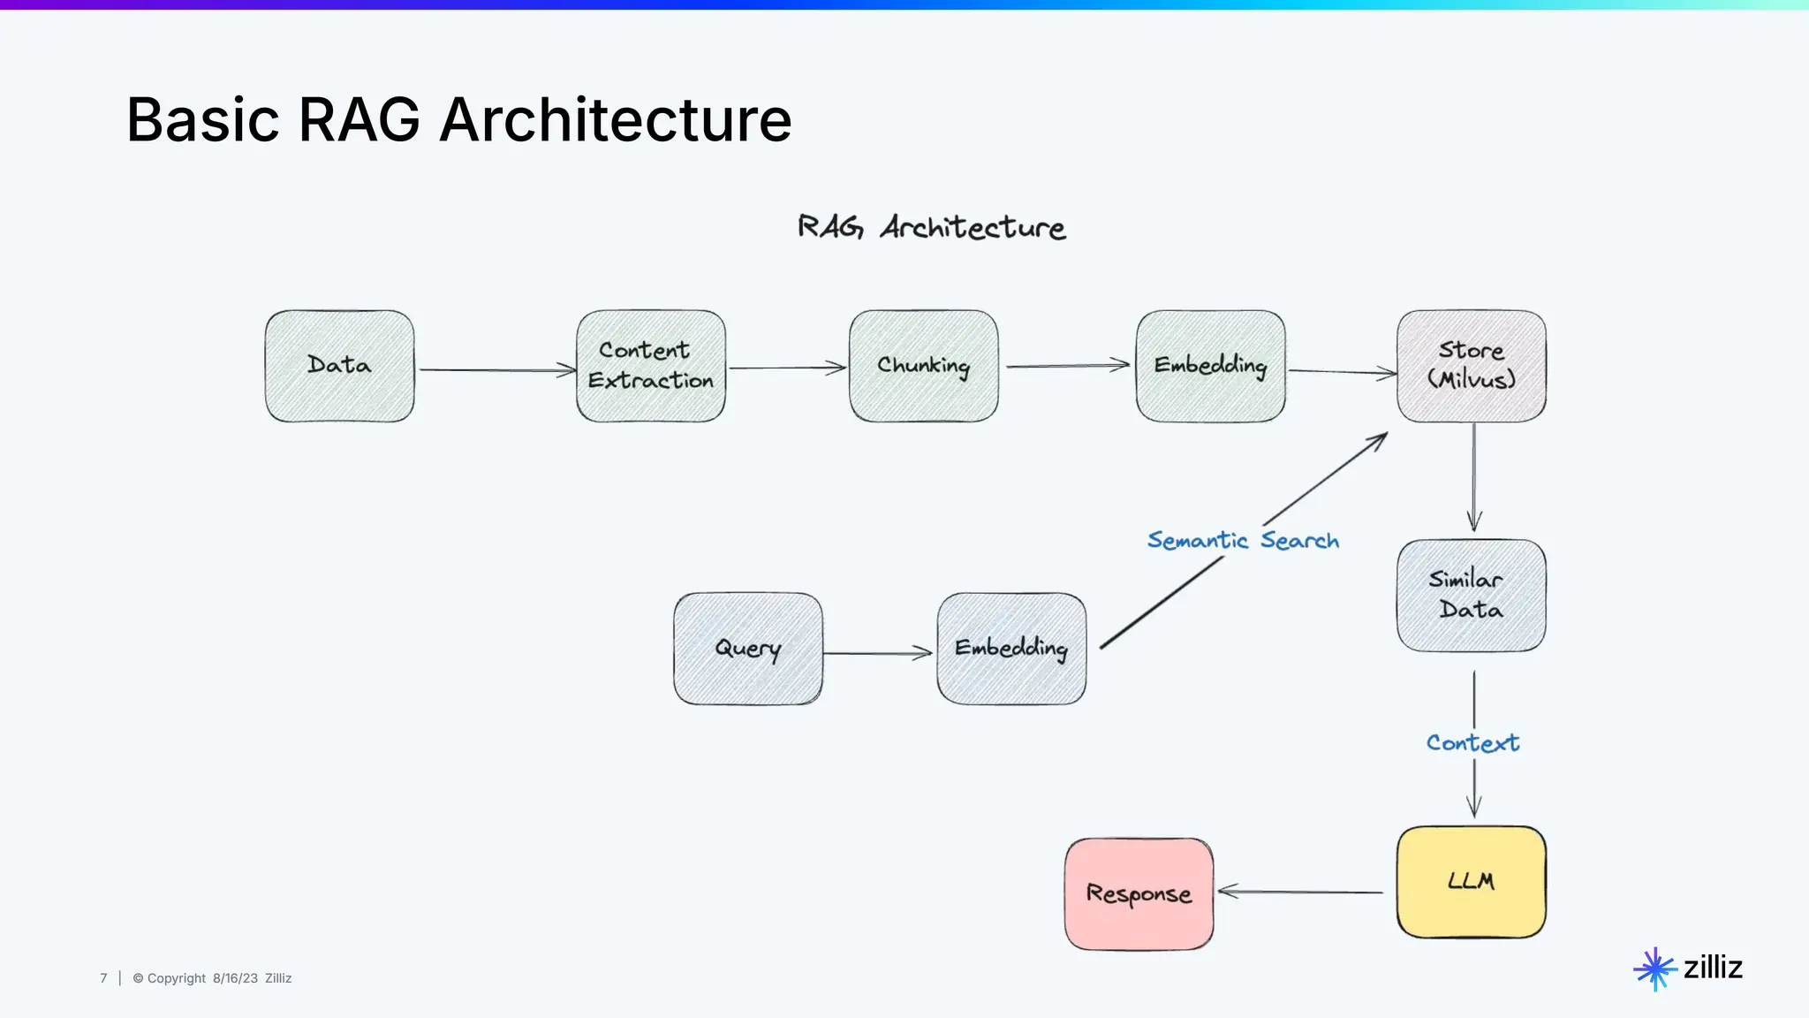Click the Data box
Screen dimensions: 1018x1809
pos(339,366)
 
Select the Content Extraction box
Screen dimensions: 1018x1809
pos(651,366)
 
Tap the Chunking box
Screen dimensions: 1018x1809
pos(923,366)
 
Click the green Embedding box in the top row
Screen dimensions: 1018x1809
pos(1210,366)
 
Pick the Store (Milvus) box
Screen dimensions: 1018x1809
pos(1471,366)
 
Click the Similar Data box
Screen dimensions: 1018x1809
pos(1471,596)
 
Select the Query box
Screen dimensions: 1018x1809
pos(747,649)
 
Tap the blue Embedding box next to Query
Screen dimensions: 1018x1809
pos(1011,649)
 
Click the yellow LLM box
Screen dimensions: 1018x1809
pos(1471,882)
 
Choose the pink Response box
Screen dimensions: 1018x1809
pos(1139,894)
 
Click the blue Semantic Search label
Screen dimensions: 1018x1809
pos(1243,540)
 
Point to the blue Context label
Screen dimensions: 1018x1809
pos(1472,743)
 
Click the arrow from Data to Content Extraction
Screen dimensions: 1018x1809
pos(496,370)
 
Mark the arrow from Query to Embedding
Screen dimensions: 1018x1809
pos(877,653)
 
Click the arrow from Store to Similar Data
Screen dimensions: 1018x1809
pos(1473,477)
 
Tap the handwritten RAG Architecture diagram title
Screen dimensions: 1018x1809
pos(931,227)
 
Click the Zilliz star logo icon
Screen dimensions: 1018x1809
pos(1654,969)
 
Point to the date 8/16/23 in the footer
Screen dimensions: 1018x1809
pos(235,978)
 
